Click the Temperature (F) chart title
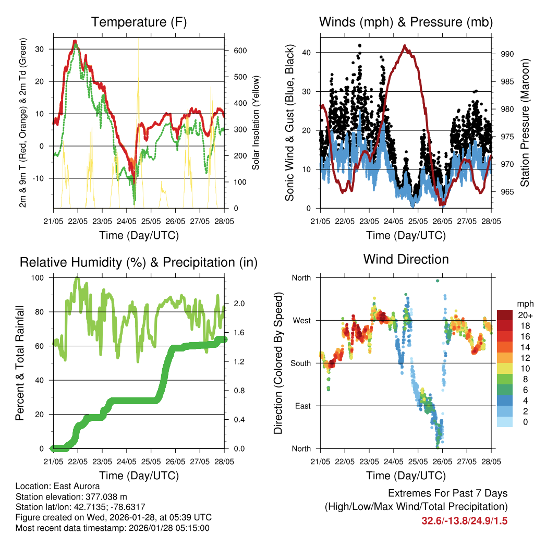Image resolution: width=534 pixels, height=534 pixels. coord(139,22)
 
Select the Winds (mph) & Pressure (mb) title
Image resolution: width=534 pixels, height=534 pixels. coord(406,22)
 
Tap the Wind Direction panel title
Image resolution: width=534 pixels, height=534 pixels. coord(406,259)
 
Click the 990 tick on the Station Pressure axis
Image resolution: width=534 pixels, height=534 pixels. coord(507,54)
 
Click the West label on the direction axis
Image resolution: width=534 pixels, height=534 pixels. coord(301,320)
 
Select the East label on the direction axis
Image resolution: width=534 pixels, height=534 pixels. coord(302,406)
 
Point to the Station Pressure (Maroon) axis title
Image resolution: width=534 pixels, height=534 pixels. coord(525,122)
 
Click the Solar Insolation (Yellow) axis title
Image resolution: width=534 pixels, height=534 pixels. coord(256,123)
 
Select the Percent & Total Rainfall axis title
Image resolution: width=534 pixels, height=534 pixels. coord(19,363)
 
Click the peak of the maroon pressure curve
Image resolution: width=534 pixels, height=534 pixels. coord(405,46)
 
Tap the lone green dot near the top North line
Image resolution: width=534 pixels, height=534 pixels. coord(438,281)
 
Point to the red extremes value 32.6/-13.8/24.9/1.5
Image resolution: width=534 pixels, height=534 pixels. coord(464,520)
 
